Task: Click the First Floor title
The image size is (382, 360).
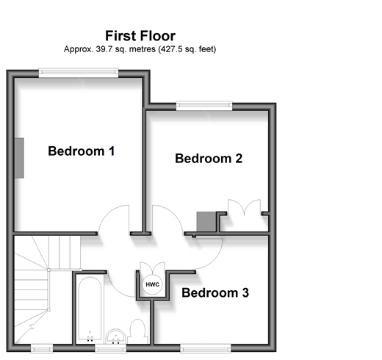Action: [140, 36]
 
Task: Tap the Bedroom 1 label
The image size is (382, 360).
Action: [82, 151]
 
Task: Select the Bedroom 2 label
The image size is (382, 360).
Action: [209, 159]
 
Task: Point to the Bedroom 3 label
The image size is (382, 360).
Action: [215, 292]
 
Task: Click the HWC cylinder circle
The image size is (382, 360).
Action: [152, 284]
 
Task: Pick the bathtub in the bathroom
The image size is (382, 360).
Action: [90, 309]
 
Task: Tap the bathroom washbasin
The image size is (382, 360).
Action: [116, 336]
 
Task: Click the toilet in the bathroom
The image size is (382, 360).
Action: [137, 331]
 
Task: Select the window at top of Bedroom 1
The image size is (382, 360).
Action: [79, 73]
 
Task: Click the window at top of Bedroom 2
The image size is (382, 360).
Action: [204, 106]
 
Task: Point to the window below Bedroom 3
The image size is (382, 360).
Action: [206, 348]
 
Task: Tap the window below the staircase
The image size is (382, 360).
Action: [42, 348]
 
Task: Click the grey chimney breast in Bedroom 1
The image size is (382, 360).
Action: [19, 158]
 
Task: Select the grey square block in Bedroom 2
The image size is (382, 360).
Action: [206, 222]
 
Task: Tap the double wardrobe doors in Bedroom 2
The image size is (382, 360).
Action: [244, 207]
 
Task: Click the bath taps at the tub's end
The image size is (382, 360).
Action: [90, 338]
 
